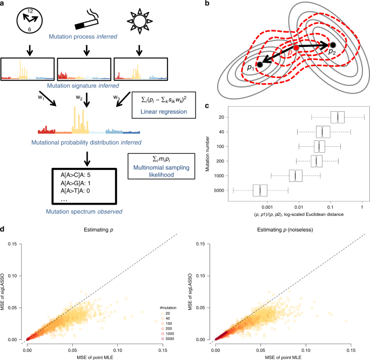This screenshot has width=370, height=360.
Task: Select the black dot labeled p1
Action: pos(260,64)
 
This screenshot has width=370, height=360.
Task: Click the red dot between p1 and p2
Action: pos(296,48)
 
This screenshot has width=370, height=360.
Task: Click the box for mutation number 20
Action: pos(338,117)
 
